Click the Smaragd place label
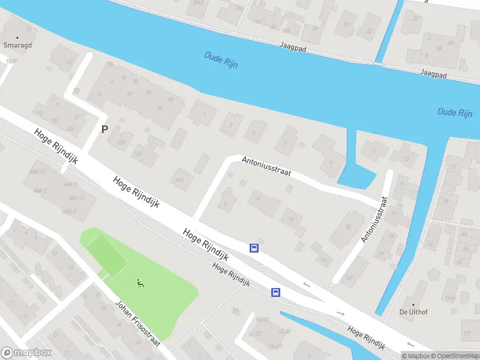pyautogui.click(x=17, y=45)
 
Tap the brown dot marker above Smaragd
pyautogui.click(x=17, y=37)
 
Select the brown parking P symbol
pyautogui.click(x=104, y=129)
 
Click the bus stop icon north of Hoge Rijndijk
pyautogui.click(x=254, y=248)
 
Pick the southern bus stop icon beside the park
pyautogui.click(x=275, y=292)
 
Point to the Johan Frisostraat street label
pyautogui.click(x=137, y=322)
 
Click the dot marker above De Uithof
pyautogui.click(x=412, y=303)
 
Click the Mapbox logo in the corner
pyautogui.click(x=26, y=353)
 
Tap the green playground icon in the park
pyautogui.click(x=140, y=284)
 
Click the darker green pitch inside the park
pyautogui.click(x=107, y=254)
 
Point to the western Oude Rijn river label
pyautogui.click(x=221, y=60)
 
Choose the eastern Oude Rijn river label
pyautogui.click(x=455, y=112)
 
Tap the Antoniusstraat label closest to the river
pyautogui.click(x=266, y=166)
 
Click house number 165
pyautogui.click(x=178, y=179)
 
